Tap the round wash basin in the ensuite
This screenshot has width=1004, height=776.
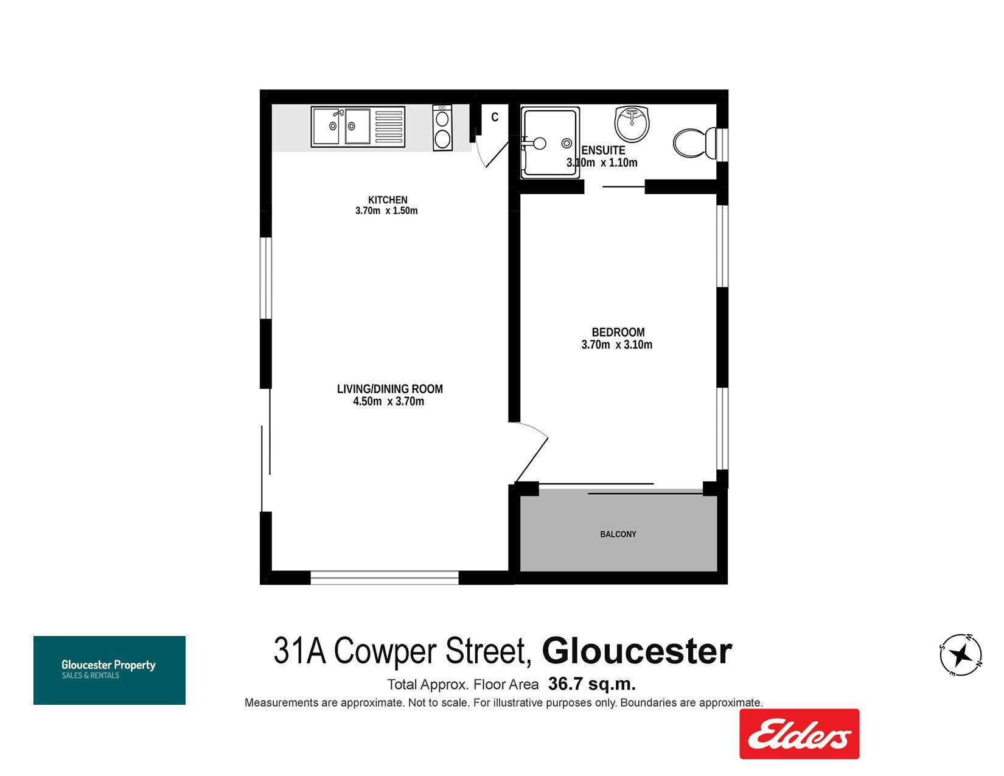tap(632, 124)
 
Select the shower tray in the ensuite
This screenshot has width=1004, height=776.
tap(550, 143)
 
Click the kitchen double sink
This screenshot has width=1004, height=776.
tap(358, 127)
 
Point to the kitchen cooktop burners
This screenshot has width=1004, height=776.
tap(442, 128)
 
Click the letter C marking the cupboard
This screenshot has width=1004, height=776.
tap(494, 117)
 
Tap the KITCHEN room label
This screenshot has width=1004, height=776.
tap(387, 200)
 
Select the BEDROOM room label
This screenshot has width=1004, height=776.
tap(618, 332)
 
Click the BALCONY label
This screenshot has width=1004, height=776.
tap(618, 534)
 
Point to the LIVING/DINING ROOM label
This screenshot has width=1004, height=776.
tap(389, 389)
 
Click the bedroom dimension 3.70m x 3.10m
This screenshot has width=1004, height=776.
tap(616, 344)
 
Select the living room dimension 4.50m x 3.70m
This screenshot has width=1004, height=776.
tap(388, 401)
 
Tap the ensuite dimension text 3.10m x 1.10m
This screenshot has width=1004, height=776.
tap(602, 163)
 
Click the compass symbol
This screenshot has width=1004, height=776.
tap(961, 654)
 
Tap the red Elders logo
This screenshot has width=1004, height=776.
tap(799, 734)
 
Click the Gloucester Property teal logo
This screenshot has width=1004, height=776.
tap(110, 670)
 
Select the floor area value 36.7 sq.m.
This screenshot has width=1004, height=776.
tap(592, 683)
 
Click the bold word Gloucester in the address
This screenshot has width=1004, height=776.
tap(636, 651)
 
